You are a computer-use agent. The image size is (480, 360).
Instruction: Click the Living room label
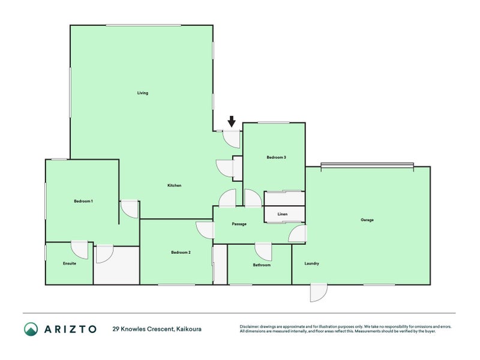click(x=143, y=93)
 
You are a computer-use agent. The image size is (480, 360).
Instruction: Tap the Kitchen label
click(x=175, y=185)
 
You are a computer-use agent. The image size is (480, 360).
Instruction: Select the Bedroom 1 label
click(x=83, y=201)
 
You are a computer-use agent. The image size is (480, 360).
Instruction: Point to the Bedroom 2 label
click(x=181, y=252)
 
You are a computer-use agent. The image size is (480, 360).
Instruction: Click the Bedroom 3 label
click(x=276, y=157)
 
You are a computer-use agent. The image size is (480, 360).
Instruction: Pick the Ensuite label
click(x=70, y=263)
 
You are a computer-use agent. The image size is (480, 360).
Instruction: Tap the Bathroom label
click(x=262, y=265)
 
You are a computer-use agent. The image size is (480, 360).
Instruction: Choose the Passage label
click(x=239, y=224)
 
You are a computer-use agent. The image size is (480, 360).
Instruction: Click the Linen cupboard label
click(x=283, y=214)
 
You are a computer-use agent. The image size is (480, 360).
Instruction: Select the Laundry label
click(x=311, y=263)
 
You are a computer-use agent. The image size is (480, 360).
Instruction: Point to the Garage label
click(x=367, y=220)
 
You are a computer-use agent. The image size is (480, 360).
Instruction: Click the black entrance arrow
click(x=232, y=122)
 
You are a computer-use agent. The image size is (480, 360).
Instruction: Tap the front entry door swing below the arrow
click(x=232, y=139)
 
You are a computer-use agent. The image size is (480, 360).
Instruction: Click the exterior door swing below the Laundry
click(x=319, y=293)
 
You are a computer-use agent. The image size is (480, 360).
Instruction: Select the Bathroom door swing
click(x=263, y=252)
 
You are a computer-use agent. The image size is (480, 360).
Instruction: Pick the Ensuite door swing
click(x=80, y=250)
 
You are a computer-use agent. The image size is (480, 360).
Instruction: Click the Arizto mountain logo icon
click(x=31, y=329)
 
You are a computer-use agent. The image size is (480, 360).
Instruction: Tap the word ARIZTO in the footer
click(x=70, y=329)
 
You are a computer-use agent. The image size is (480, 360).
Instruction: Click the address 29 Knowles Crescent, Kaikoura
click(x=157, y=329)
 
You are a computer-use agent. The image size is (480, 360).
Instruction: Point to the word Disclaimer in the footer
click(x=249, y=326)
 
